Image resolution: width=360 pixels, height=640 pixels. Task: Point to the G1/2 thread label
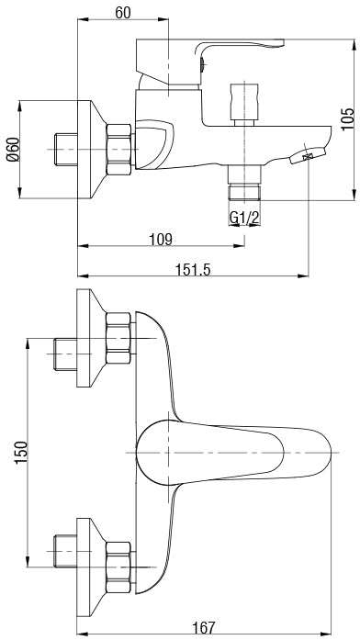243,217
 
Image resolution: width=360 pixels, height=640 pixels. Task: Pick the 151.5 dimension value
193,268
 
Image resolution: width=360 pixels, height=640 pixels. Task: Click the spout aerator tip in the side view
306,159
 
